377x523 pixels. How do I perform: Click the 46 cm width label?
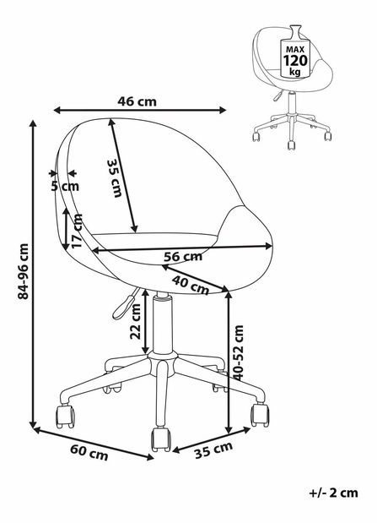click(x=137, y=101)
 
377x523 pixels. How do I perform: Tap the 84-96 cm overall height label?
click(x=24, y=271)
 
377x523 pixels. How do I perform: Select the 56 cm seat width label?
click(x=183, y=257)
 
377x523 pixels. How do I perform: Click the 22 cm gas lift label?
click(x=136, y=322)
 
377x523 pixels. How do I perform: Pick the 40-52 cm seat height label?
click(x=239, y=352)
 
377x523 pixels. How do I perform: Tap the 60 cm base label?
click(x=89, y=453)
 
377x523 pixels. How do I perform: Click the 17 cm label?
click(x=77, y=231)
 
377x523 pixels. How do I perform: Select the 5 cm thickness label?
click(x=65, y=186)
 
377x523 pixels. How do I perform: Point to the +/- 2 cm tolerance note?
click(x=334, y=493)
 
